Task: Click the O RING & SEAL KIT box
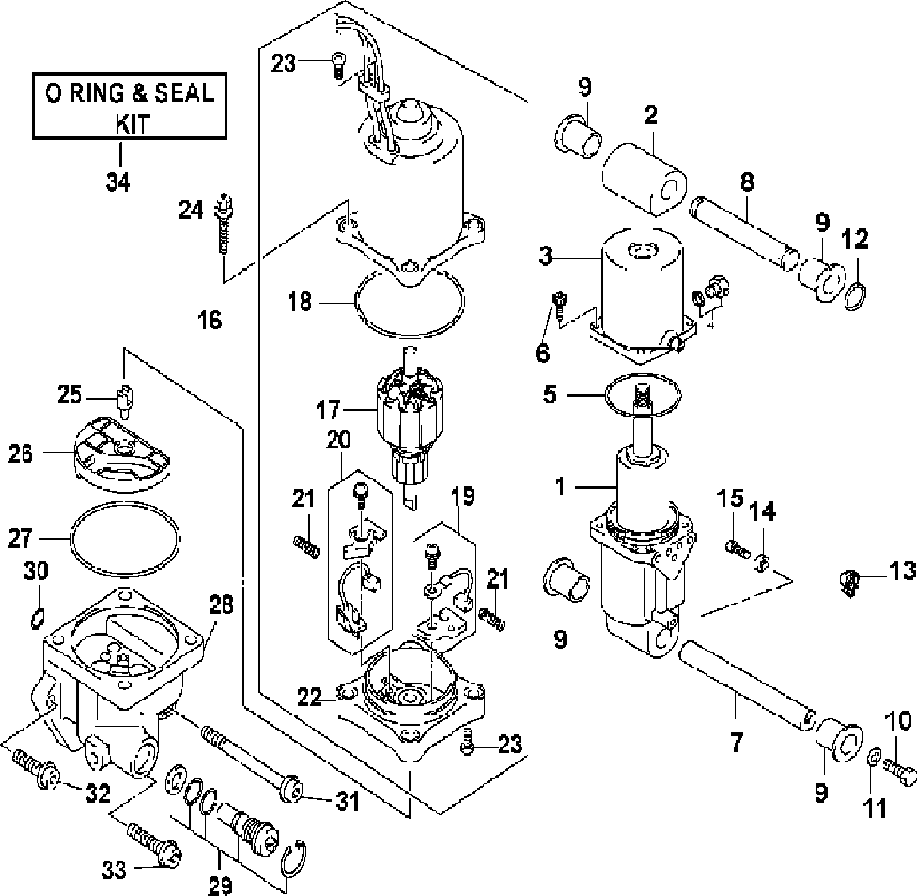[130, 106]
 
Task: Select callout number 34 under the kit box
[118, 182]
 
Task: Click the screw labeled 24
[224, 223]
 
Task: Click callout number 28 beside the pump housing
[222, 604]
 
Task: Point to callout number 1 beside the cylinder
[560, 486]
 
